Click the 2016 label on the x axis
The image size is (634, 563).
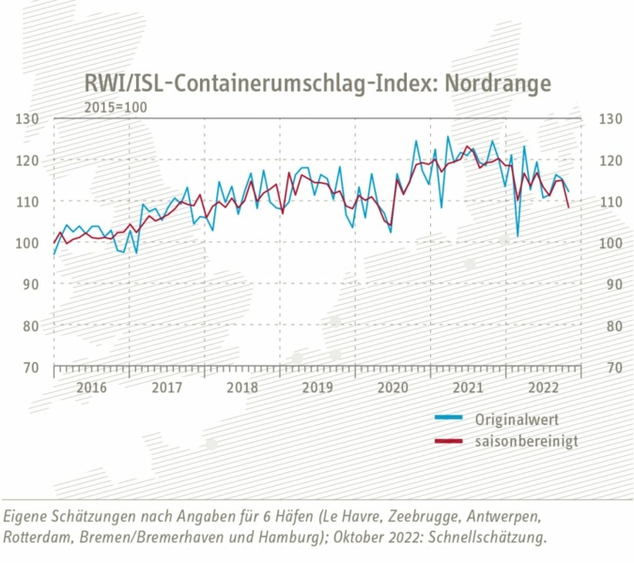point(91,388)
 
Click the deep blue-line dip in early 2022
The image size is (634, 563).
point(518,236)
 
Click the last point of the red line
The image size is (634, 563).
point(569,207)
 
